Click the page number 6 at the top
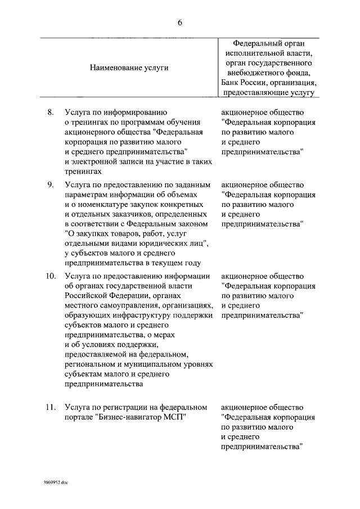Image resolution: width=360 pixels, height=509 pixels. coord(180,22)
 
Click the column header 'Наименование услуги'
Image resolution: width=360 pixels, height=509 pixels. coord(129,67)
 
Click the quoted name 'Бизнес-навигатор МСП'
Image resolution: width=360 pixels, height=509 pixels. coord(141,417)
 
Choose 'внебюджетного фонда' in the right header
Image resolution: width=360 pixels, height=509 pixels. coord(268,73)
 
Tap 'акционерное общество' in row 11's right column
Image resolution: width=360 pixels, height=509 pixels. coord(263,407)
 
